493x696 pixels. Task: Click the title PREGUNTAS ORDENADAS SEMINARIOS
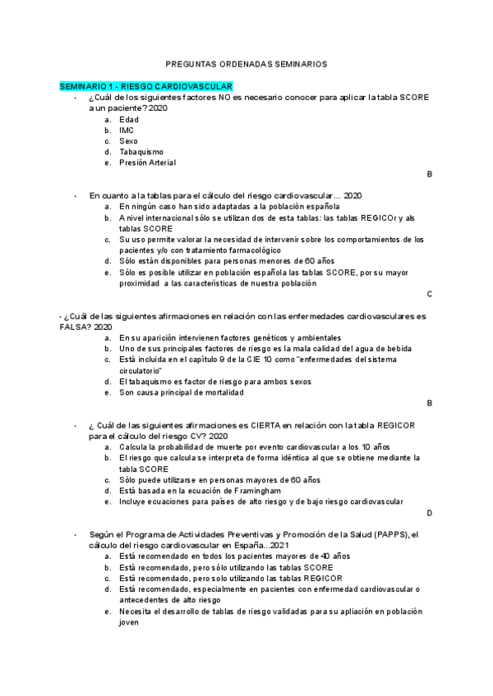point(246,62)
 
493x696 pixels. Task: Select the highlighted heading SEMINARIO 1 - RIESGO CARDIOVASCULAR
point(146,86)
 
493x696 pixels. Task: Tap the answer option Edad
point(129,120)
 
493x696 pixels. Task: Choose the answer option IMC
point(127,130)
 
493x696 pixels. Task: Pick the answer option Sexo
point(128,141)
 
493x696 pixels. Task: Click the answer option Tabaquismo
point(141,152)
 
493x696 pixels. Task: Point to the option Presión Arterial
point(147,163)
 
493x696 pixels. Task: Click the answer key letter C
point(429,294)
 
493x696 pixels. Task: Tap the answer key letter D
point(429,512)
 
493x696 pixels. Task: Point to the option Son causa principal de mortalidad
point(181,392)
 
